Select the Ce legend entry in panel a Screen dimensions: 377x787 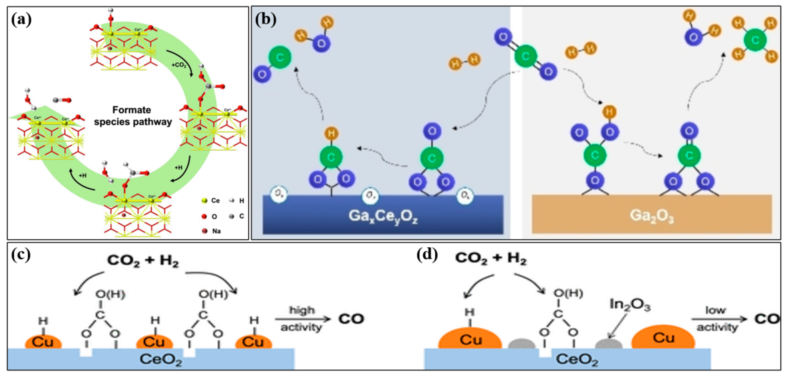coord(211,201)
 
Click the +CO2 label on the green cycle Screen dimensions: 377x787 coord(179,65)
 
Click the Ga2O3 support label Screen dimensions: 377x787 coord(651,216)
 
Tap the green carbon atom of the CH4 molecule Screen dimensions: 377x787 coord(755,40)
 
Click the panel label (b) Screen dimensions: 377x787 coord(265,20)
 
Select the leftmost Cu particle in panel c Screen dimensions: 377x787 coord(43,342)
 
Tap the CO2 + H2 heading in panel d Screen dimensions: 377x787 coord(491,258)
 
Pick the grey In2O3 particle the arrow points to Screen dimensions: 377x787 coord(608,344)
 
